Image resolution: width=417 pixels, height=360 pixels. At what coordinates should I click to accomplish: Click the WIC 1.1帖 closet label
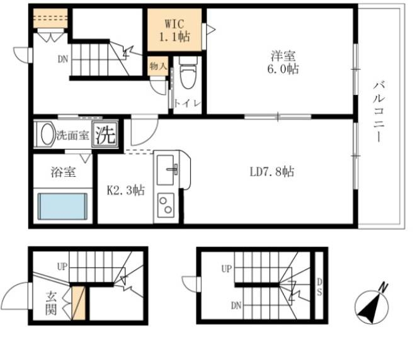[x=174, y=31]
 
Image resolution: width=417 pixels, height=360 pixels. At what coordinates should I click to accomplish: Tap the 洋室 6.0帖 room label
[x=283, y=62]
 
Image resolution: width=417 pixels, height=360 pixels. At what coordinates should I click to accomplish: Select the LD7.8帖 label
[x=271, y=172]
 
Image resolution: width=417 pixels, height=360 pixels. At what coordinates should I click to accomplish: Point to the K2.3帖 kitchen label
[x=126, y=190]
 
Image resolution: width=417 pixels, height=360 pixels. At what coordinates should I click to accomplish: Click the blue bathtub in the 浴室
[x=62, y=206]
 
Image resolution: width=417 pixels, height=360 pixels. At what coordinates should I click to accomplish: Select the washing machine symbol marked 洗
[x=105, y=134]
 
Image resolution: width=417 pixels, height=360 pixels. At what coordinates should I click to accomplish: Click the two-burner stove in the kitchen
[x=166, y=205]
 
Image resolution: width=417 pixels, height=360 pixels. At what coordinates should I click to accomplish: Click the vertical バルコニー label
[x=379, y=112]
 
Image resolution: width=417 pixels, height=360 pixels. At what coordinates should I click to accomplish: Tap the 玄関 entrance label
[x=51, y=303]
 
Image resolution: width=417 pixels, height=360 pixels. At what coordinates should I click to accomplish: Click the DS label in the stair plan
[x=319, y=287]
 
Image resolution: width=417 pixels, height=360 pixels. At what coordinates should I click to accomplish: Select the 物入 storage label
[x=158, y=65]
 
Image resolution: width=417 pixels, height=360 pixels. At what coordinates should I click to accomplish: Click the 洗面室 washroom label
[x=72, y=135]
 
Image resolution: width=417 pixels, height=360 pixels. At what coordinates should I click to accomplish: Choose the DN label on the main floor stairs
[x=63, y=59]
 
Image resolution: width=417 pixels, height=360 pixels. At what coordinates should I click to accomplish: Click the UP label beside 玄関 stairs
[x=62, y=266]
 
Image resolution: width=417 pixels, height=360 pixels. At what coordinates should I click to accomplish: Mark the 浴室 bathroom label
[x=63, y=172]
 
